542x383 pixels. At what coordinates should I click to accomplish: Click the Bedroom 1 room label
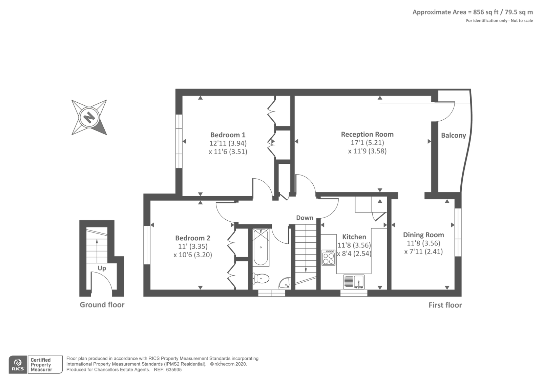pyautogui.click(x=228, y=135)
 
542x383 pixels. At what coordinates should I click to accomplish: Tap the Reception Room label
pyautogui.click(x=367, y=134)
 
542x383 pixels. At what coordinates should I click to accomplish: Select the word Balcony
pyautogui.click(x=454, y=135)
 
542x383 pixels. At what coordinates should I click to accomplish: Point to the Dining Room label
pyautogui.click(x=423, y=235)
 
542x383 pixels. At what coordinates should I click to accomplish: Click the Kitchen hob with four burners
pyautogui.click(x=329, y=258)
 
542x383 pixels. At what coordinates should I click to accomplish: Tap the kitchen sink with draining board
pyautogui.click(x=354, y=282)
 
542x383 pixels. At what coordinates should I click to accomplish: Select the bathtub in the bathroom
pyautogui.click(x=260, y=247)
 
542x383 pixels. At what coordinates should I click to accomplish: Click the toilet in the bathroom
pyautogui.click(x=260, y=278)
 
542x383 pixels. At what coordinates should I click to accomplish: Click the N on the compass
pyautogui.click(x=89, y=117)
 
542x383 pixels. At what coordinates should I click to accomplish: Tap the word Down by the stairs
pyautogui.click(x=305, y=218)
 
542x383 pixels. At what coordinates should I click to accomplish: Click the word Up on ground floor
pyautogui.click(x=102, y=268)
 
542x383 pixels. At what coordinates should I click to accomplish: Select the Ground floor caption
pyautogui.click(x=102, y=305)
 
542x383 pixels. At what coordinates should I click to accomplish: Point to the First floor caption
pyautogui.click(x=445, y=305)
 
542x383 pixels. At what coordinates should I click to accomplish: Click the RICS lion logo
pyautogui.click(x=18, y=365)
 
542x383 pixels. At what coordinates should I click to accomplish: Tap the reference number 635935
pyautogui.click(x=174, y=370)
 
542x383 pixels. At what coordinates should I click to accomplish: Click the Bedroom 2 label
pyautogui.click(x=193, y=238)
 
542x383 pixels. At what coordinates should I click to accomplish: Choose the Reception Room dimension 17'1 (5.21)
pyautogui.click(x=367, y=143)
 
